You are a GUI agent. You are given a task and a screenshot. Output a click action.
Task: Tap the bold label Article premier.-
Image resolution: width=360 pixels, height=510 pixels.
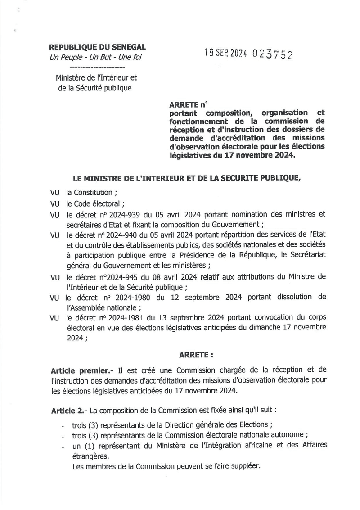[x=82, y=370]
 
